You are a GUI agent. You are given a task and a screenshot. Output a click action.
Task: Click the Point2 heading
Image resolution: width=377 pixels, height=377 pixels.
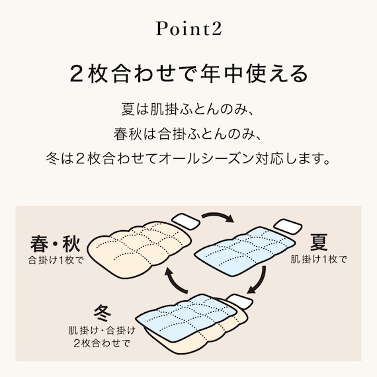pos(188,29)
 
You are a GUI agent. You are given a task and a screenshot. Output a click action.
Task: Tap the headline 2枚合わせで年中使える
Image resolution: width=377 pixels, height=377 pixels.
pos(188,73)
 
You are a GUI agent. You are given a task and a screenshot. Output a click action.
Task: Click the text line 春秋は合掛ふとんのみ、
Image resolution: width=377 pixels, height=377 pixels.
pos(188,134)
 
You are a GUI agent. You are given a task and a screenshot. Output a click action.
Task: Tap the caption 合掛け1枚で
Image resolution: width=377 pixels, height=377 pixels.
pos(56,259)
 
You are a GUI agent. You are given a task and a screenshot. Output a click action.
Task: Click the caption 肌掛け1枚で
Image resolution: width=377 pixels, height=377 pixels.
pos(319,259)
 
